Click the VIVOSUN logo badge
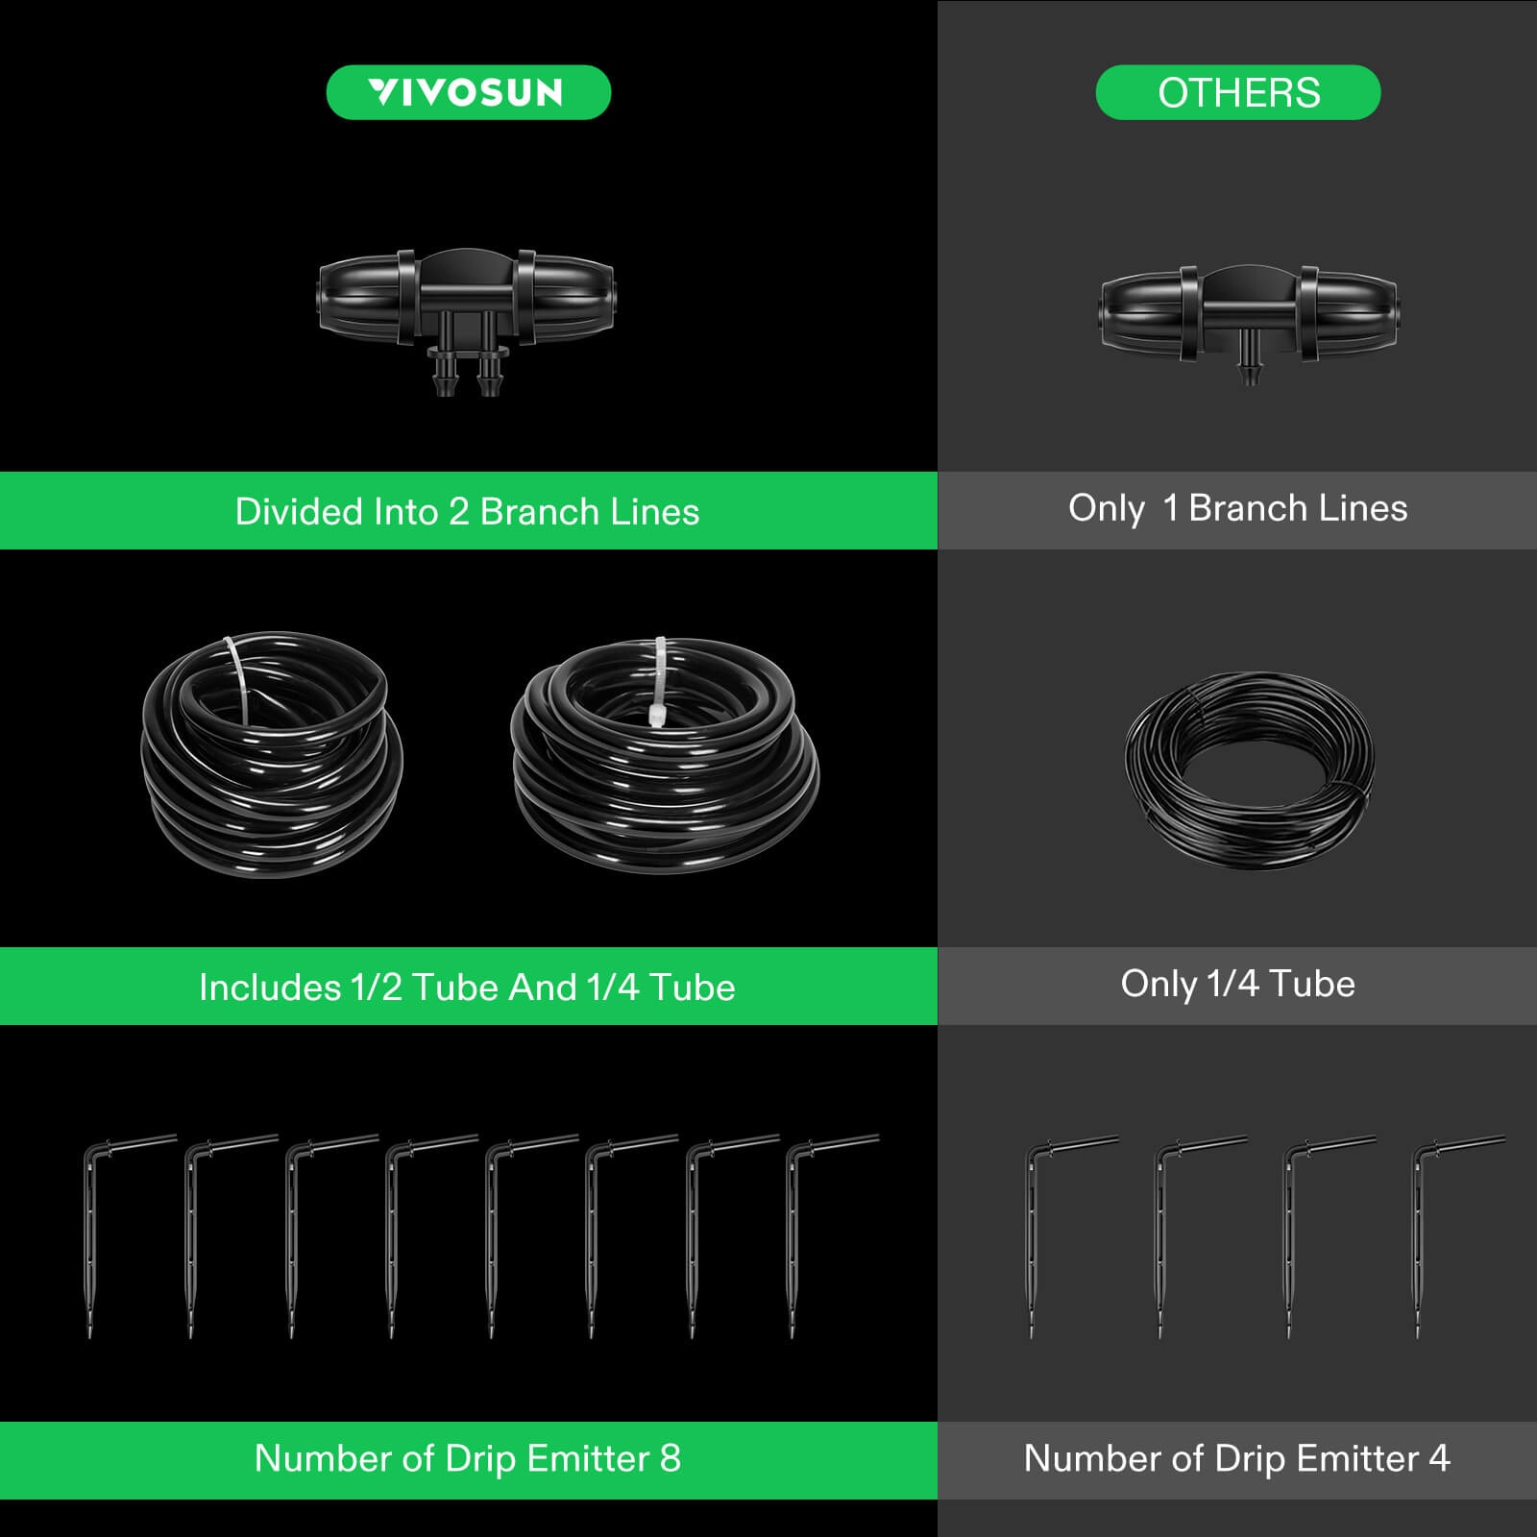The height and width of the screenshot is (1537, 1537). [x=468, y=92]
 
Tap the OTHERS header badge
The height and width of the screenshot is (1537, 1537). [x=1238, y=92]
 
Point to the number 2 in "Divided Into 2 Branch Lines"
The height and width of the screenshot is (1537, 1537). [x=459, y=512]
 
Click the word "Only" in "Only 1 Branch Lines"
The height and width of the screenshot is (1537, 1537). [x=1106, y=508]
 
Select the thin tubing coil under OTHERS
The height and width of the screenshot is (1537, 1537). [x=1249, y=768]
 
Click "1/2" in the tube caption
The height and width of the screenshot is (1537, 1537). [x=377, y=988]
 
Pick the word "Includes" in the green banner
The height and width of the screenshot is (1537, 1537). [x=270, y=988]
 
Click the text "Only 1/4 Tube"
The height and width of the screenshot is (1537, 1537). [x=1237, y=984]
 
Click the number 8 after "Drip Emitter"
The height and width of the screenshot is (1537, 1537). [x=670, y=1458]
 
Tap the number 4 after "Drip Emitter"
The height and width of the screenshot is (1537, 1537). [x=1439, y=1458]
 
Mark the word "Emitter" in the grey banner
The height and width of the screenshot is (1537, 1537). [x=1357, y=1458]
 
